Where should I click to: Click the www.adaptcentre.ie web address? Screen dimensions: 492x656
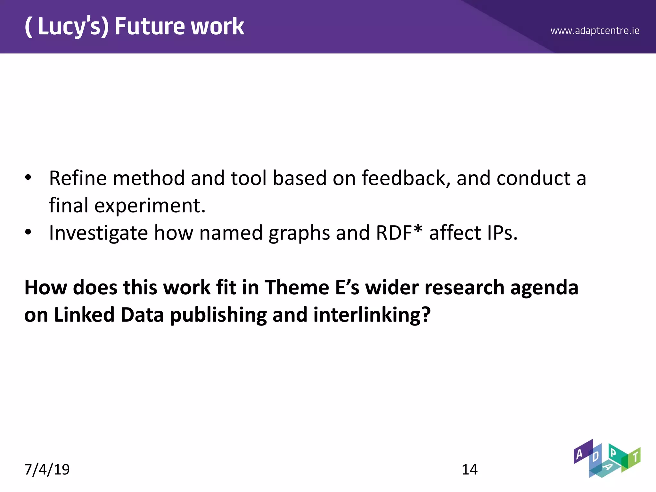click(x=595, y=31)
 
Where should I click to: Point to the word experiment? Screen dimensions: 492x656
click(x=150, y=205)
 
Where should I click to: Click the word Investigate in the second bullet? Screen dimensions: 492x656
click(x=98, y=233)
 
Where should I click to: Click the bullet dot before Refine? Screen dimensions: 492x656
click(x=28, y=177)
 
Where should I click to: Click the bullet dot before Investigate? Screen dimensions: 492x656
click(x=28, y=232)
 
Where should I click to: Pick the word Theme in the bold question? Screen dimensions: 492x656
click(x=297, y=287)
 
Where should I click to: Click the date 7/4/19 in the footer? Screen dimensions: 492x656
click(x=47, y=470)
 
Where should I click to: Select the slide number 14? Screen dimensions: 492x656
click(x=469, y=470)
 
